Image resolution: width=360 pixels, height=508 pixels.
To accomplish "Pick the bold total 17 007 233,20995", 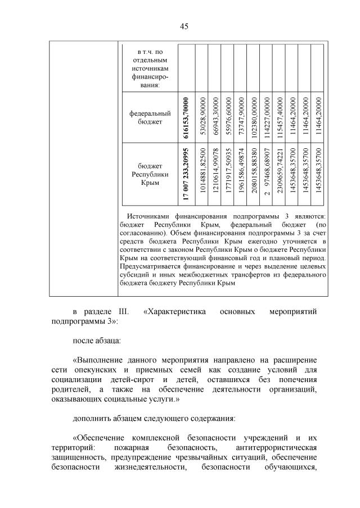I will (x=186, y=174).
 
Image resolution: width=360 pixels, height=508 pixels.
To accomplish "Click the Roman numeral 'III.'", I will (x=122, y=311).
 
